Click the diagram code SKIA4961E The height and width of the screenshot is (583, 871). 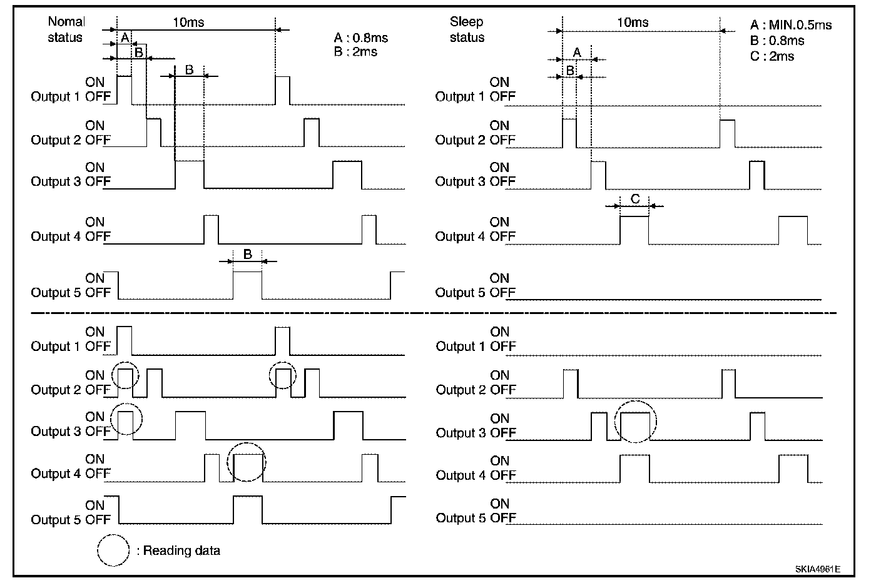click(817, 569)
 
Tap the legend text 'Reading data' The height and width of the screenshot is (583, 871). click(181, 551)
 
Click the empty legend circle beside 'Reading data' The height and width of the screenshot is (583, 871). click(113, 550)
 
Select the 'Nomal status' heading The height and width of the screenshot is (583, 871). click(66, 29)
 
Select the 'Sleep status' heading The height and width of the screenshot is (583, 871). click(467, 29)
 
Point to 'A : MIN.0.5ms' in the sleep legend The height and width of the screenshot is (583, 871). click(791, 25)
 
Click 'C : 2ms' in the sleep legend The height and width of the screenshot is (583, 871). click(772, 56)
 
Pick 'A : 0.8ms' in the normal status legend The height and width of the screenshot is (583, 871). click(361, 38)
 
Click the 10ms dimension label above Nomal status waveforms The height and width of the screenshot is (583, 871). click(188, 23)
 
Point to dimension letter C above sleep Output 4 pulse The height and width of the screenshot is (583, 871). click(634, 199)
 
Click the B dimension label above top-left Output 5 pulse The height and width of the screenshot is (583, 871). click(247, 255)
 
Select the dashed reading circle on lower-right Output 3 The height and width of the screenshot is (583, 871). click(636, 422)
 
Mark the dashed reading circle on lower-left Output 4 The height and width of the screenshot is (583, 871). click(247, 462)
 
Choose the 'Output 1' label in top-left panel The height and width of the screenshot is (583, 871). click(56, 97)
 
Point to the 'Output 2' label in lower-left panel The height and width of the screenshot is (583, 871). click(56, 390)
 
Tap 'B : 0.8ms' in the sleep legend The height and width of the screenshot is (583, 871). click(777, 41)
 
